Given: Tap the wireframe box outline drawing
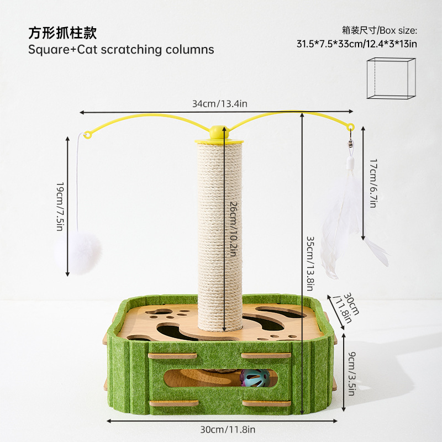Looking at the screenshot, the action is point(391,78).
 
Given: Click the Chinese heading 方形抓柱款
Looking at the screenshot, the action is point(62,33).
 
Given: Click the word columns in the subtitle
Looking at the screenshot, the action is point(190,49).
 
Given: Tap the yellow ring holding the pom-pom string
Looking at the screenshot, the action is point(87,134).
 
